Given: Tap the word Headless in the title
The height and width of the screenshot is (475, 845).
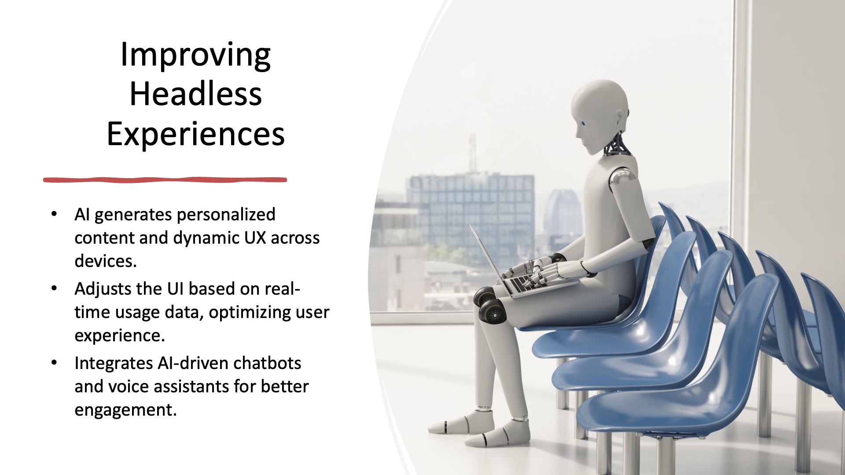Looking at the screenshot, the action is click(x=195, y=94).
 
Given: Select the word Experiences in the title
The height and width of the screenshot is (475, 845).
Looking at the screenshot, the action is click(x=195, y=135).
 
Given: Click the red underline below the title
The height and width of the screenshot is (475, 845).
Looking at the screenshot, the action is click(x=165, y=179).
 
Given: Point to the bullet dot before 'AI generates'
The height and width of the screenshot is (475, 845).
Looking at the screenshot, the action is click(x=54, y=214).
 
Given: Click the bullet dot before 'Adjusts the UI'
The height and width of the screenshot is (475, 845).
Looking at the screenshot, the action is click(x=54, y=289).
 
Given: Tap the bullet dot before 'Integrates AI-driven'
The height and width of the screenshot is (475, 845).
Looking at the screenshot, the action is click(x=54, y=363).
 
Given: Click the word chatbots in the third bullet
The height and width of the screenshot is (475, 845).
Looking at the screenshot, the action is click(x=267, y=363).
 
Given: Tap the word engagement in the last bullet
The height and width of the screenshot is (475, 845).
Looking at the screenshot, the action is click(x=125, y=410).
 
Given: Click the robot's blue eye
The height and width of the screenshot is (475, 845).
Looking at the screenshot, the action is click(x=583, y=124).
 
